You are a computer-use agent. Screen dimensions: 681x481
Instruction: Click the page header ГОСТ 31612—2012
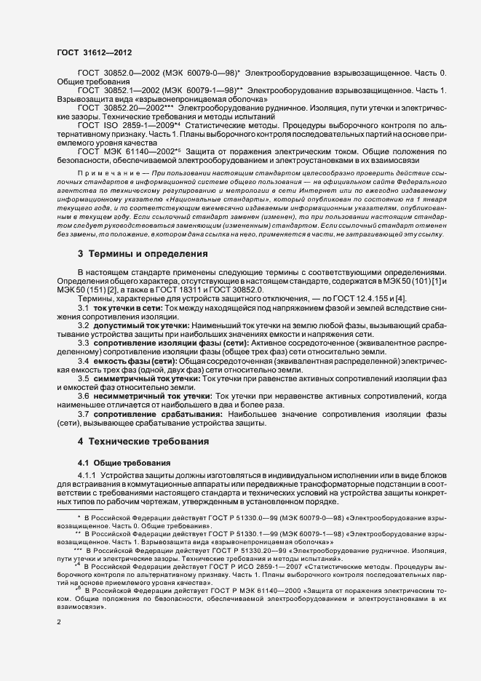point(94,53)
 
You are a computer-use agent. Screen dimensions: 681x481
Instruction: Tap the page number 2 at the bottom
point(60,623)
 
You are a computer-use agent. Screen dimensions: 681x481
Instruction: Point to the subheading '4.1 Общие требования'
point(124,463)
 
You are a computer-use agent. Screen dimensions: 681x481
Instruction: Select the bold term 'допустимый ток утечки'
point(141,327)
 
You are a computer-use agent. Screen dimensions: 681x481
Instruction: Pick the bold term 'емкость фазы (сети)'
point(135,361)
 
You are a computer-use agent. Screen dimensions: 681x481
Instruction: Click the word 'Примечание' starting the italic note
point(100,172)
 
